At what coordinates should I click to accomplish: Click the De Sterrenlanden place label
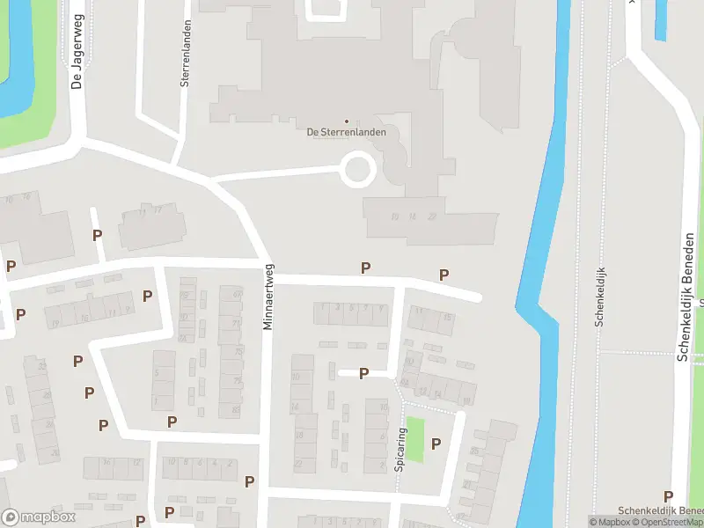(x=346, y=133)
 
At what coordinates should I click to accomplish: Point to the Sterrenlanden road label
(x=186, y=52)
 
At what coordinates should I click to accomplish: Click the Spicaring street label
(x=400, y=449)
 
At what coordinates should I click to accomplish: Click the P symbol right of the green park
(x=435, y=444)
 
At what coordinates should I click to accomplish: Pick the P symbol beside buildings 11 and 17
(x=97, y=235)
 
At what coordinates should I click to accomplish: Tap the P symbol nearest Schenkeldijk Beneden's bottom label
(x=668, y=497)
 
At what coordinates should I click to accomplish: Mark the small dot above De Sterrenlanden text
(x=346, y=121)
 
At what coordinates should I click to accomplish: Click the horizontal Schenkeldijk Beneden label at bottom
(x=660, y=511)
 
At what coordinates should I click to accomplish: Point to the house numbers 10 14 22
(x=414, y=216)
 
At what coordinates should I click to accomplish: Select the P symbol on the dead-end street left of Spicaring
(x=363, y=374)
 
